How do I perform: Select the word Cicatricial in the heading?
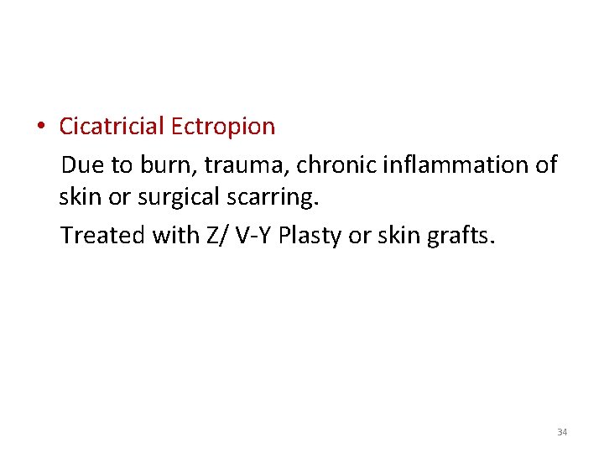[x=112, y=127]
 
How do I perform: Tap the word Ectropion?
[x=222, y=127]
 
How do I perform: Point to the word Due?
[x=82, y=164]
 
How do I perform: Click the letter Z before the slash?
[x=210, y=236]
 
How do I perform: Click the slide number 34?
[x=562, y=432]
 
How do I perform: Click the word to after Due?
[x=119, y=164]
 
